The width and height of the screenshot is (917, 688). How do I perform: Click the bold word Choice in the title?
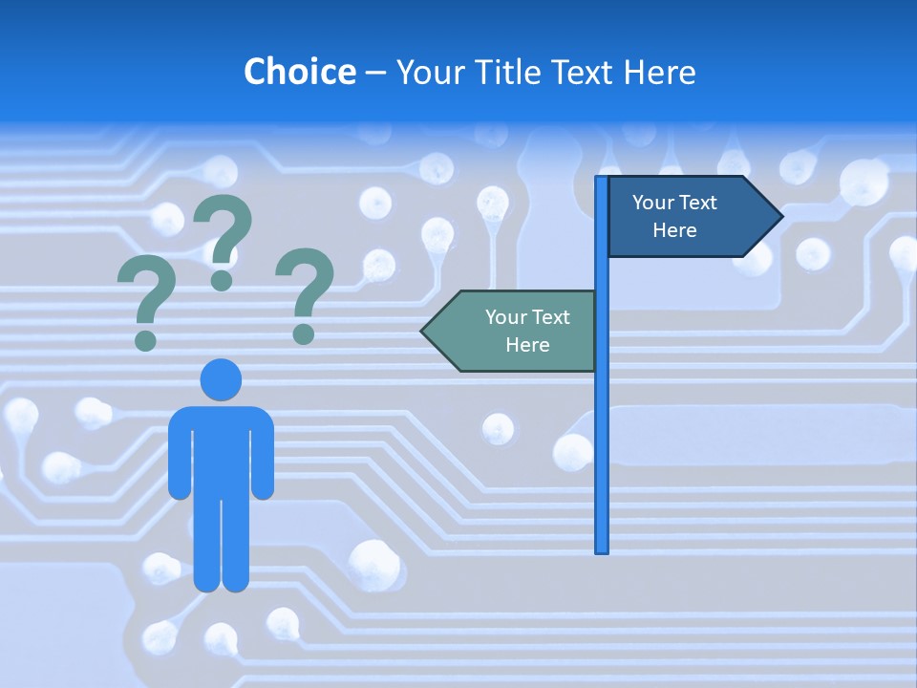299,72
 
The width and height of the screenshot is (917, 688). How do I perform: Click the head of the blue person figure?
221,379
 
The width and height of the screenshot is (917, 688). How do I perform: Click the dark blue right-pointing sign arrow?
688,217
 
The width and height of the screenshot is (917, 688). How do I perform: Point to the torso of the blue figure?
221,449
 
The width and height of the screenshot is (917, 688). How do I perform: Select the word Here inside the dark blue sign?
674,230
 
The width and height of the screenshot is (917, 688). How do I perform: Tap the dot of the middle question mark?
222,280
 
